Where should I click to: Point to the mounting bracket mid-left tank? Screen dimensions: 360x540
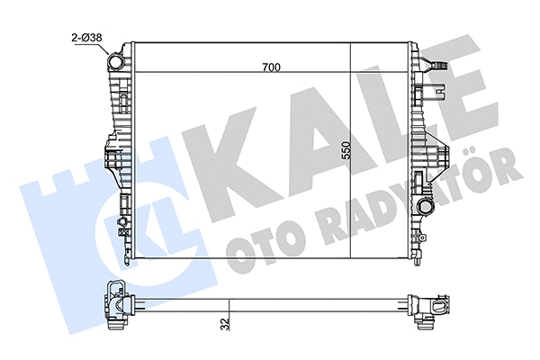tap(111, 162)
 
